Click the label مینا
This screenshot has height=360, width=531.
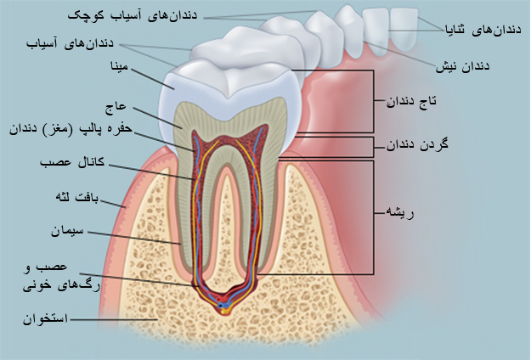[x=120, y=66]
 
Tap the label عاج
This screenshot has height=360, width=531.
[x=116, y=108]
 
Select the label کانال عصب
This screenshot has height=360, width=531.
[x=72, y=162]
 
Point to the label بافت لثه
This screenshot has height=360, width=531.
[x=77, y=198]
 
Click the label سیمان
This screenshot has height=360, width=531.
[x=67, y=232]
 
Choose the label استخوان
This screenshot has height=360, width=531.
[x=45, y=319]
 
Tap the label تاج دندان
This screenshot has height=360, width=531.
[x=411, y=101]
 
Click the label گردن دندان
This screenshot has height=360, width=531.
[x=417, y=145]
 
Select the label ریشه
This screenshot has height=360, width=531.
[x=400, y=213]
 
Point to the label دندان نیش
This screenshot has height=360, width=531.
[x=462, y=66]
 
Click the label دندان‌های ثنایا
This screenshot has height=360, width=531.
[x=483, y=30]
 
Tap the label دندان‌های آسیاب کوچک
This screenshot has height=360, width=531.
[x=133, y=15]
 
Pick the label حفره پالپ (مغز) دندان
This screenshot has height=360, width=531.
[x=71, y=129]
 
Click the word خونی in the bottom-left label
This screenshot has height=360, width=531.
[x=37, y=286]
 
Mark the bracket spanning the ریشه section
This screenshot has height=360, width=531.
[x=373, y=217]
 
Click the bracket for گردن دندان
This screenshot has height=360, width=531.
[x=373, y=147]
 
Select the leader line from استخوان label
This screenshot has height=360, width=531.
[x=114, y=319]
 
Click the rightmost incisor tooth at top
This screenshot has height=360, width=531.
[x=404, y=30]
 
